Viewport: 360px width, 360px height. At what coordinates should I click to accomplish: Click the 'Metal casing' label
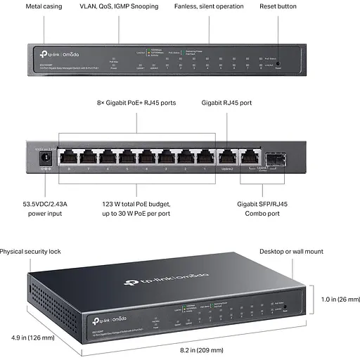coord(44,6)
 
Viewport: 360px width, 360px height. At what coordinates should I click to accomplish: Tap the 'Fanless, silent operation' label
coord(210,6)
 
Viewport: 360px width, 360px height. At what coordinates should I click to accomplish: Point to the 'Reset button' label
coord(278,6)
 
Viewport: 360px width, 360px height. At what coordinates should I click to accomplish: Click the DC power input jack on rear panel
coord(46,160)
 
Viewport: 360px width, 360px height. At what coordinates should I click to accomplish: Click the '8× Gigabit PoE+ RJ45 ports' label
coord(136,103)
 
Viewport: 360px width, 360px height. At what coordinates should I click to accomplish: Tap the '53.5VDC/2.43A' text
coord(46,203)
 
